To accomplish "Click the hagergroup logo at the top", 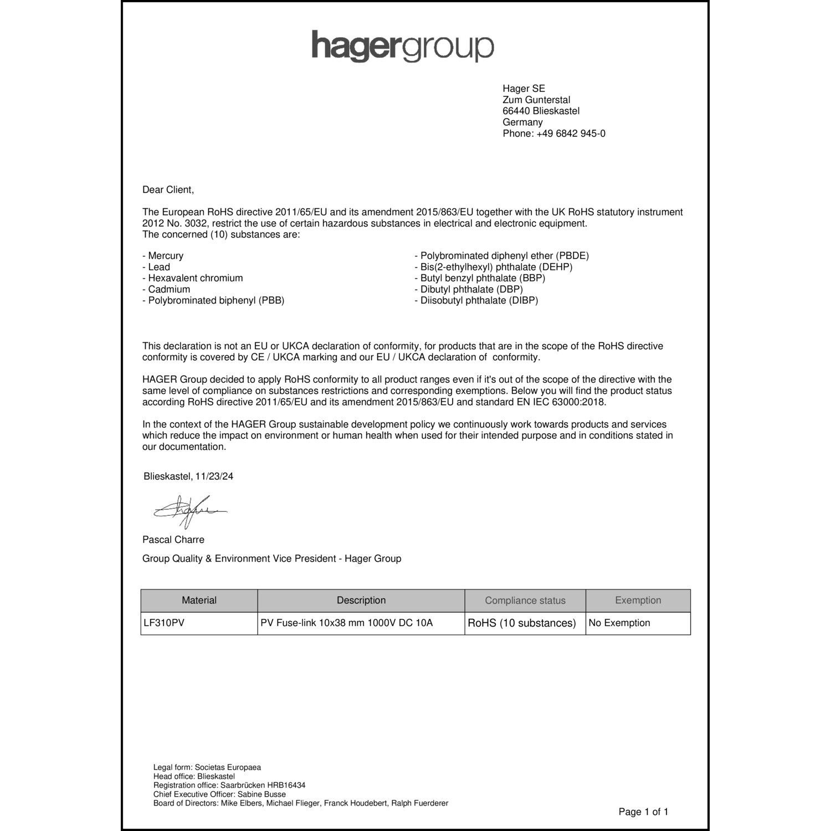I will pos(402,46).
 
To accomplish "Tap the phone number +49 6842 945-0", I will pos(554,134).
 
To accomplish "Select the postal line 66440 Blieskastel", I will pos(541,111).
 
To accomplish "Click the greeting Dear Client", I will pos(168,189).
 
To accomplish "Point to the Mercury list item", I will pos(163,256).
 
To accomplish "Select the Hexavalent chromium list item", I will pos(193,278).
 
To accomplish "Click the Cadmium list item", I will pos(166,289).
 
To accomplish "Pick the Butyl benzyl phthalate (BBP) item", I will pos(480,278).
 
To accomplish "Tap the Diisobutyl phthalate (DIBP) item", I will pos(476,300).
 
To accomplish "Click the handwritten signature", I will pos(189,511).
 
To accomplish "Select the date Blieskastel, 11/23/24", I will pos(188,476).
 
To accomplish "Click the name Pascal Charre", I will pos(173,540).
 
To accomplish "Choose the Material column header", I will pos(199,601).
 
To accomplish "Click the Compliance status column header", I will pos(525,601).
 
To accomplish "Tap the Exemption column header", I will pos(638,601).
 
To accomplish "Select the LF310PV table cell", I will pos(164,623).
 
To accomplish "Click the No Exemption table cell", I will pos(619,623).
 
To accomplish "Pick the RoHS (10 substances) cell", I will pos(522,623).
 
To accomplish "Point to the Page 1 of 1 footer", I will pos(643,812).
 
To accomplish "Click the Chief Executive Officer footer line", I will pos(219,794).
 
